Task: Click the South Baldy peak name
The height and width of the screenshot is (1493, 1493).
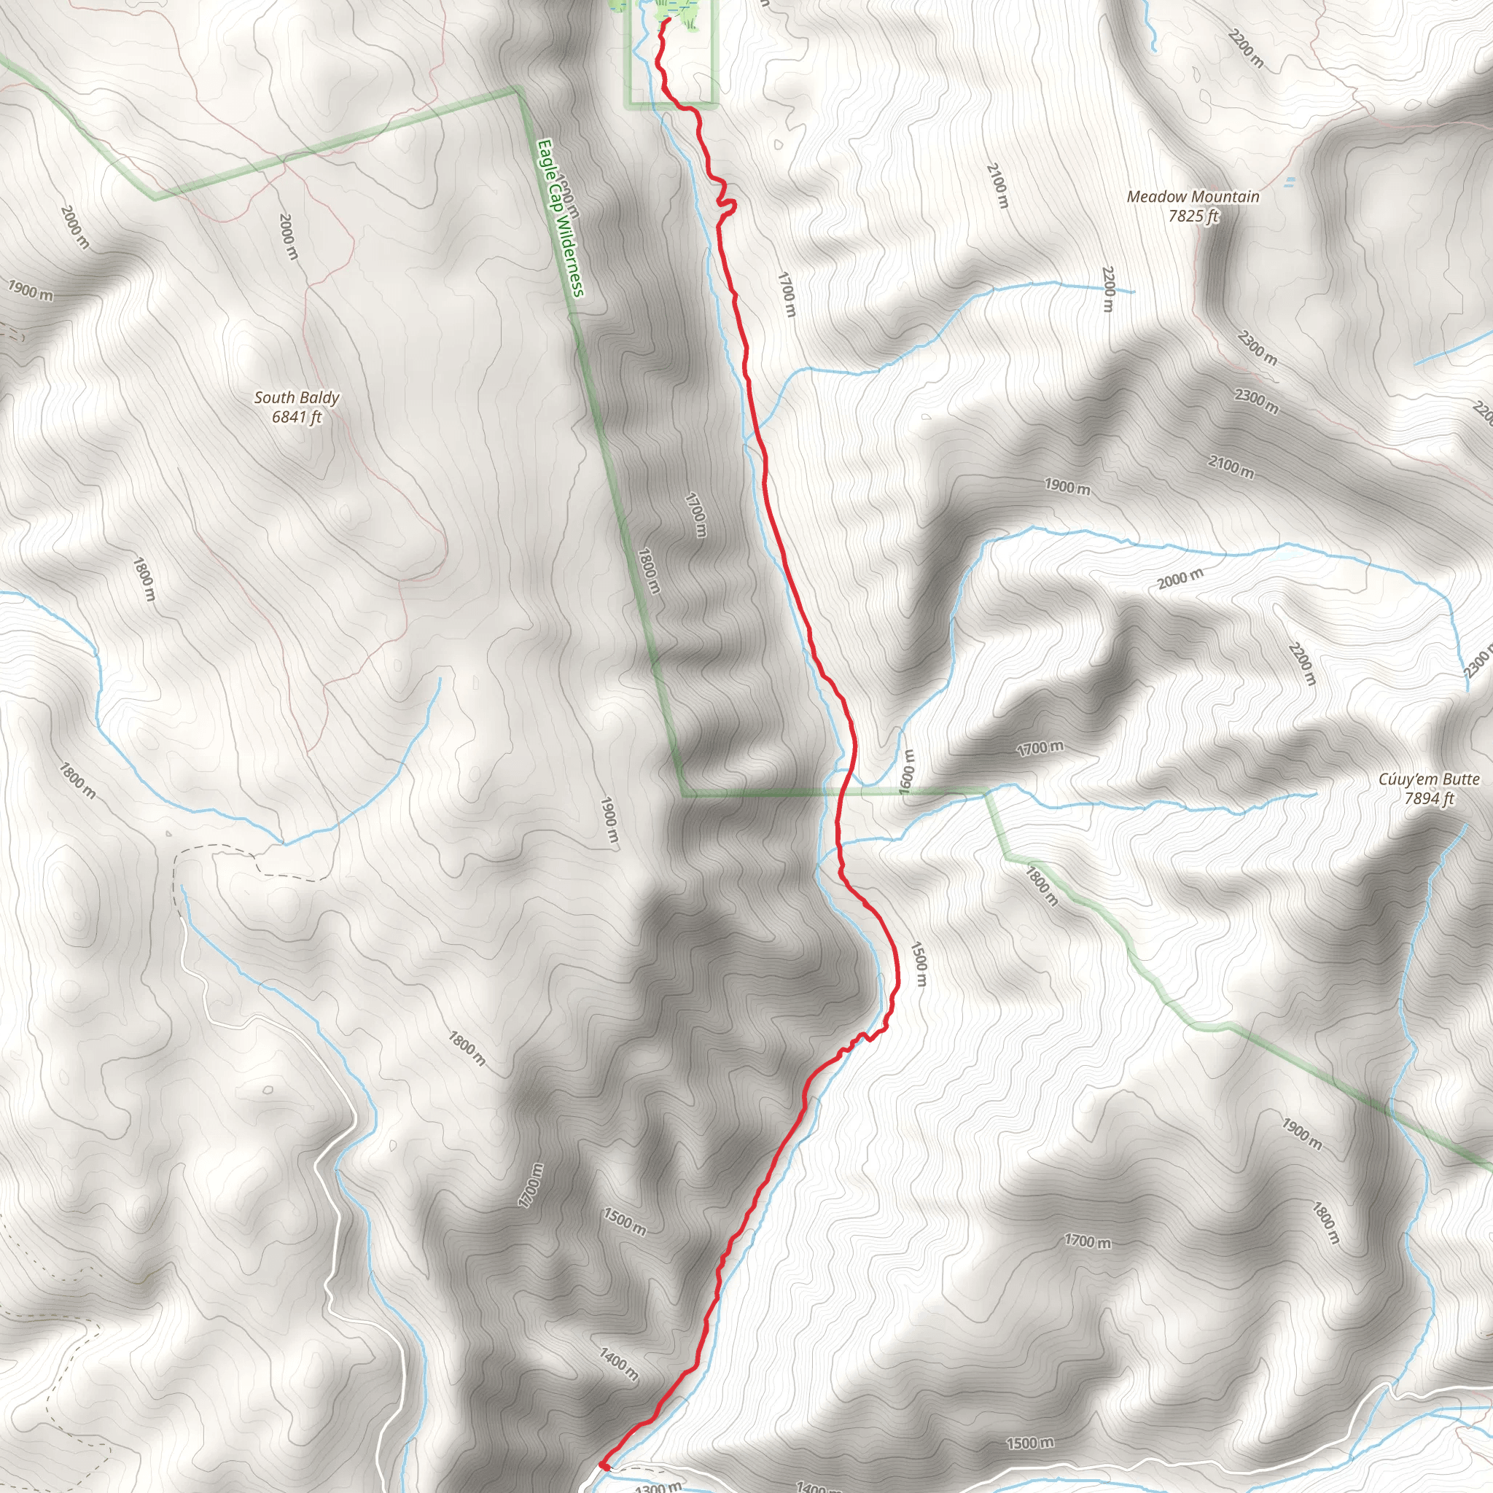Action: [x=296, y=397]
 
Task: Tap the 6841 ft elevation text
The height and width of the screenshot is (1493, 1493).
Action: [x=296, y=417]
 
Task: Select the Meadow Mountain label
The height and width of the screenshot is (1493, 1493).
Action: [x=1193, y=197]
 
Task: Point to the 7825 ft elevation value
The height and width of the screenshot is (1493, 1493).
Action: [x=1193, y=217]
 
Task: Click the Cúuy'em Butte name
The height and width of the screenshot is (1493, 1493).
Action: [x=1429, y=780]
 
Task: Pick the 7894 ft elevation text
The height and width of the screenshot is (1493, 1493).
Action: [x=1429, y=799]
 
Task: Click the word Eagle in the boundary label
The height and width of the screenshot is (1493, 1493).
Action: [x=545, y=155]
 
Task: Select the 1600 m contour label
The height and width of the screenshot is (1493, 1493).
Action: [x=906, y=770]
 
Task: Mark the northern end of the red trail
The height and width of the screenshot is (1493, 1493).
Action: [x=666, y=21]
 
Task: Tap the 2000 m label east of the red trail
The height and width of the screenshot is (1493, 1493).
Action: [x=1180, y=578]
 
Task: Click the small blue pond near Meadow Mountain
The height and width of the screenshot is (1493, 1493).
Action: [x=1288, y=182]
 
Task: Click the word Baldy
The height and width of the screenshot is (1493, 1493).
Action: [x=319, y=397]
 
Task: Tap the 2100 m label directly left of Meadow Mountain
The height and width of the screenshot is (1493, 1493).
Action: [x=997, y=185]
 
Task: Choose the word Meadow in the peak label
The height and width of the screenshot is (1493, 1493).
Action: [x=1155, y=197]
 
